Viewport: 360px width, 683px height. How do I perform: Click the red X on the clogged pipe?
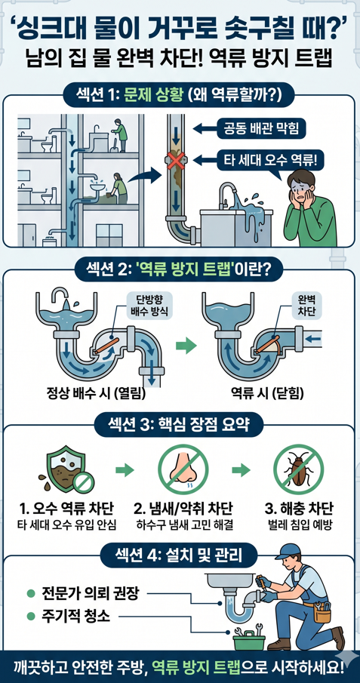(x=176, y=162)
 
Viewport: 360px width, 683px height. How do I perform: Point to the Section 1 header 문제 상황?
(x=180, y=96)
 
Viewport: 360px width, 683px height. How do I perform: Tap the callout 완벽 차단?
(x=309, y=306)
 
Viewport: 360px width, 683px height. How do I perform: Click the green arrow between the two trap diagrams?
(x=184, y=346)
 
